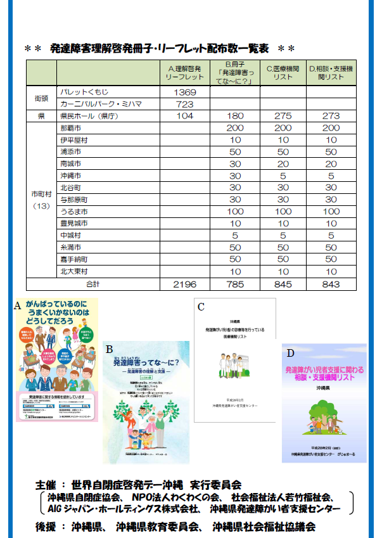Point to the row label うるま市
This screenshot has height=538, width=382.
(x=73, y=211)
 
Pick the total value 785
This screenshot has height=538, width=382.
(x=236, y=285)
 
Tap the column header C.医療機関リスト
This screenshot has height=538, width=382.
(x=283, y=72)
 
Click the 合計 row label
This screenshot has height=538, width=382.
(x=92, y=285)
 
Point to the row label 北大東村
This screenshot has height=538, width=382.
(x=73, y=271)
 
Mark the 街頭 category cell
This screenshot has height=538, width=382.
(x=41, y=98)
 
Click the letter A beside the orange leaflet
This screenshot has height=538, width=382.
(x=17, y=305)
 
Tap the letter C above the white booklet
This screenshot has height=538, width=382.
(x=201, y=307)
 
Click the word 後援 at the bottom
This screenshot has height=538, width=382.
(x=48, y=527)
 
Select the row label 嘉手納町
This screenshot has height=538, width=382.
(x=73, y=259)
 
